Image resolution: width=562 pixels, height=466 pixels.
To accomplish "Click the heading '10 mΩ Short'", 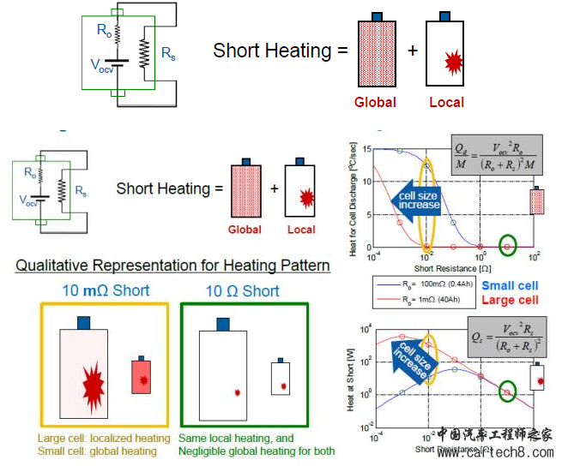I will [102, 290].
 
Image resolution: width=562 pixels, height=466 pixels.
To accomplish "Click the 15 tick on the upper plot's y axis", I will [366, 150].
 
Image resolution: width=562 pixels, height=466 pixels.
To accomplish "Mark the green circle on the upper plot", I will [508, 248].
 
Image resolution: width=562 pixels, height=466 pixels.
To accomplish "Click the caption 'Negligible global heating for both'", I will [257, 451].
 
